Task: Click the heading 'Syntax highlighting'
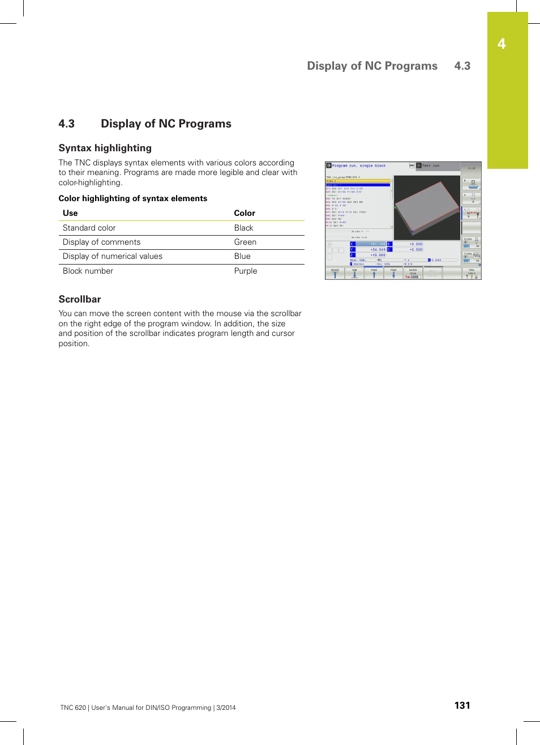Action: click(x=105, y=148)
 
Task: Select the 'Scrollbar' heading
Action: click(x=80, y=299)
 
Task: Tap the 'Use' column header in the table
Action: click(x=70, y=213)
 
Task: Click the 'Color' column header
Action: click(x=245, y=213)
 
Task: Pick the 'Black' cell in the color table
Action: click(x=243, y=228)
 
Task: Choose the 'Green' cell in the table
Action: click(x=245, y=242)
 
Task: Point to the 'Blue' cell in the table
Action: click(x=242, y=256)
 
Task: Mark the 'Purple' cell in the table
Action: click(x=246, y=271)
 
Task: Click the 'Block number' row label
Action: click(x=88, y=271)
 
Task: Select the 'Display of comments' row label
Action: click(x=101, y=242)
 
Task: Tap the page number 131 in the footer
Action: click(x=462, y=705)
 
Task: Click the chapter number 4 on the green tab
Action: click(x=502, y=44)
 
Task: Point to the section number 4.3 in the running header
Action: click(x=462, y=66)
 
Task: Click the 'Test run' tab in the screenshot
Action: click(x=431, y=166)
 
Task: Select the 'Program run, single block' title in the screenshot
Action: click(x=358, y=166)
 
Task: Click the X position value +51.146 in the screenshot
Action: click(x=377, y=244)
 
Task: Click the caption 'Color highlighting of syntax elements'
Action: click(x=133, y=198)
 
